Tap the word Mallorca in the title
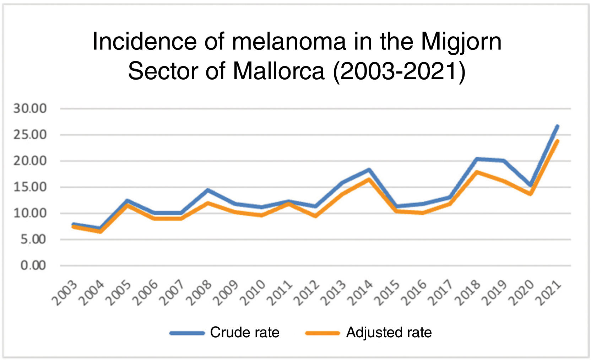pyautogui.click(x=278, y=71)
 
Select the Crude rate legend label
pyautogui.click(x=244, y=333)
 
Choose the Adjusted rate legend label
pyautogui.click(x=389, y=333)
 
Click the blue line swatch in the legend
pyautogui.click(x=187, y=333)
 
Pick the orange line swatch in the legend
pyautogui.click(x=322, y=333)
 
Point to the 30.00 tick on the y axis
pyautogui.click(x=30, y=109)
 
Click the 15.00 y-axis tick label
pyautogui.click(x=30, y=187)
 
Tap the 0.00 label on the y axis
pyautogui.click(x=33, y=265)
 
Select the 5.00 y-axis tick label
pyautogui.click(x=33, y=240)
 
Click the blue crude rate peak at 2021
pyautogui.click(x=558, y=126)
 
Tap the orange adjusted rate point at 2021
pyautogui.click(x=558, y=141)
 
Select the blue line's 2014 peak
pyautogui.click(x=369, y=170)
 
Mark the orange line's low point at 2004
pyautogui.click(x=101, y=232)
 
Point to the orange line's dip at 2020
pyautogui.click(x=531, y=194)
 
